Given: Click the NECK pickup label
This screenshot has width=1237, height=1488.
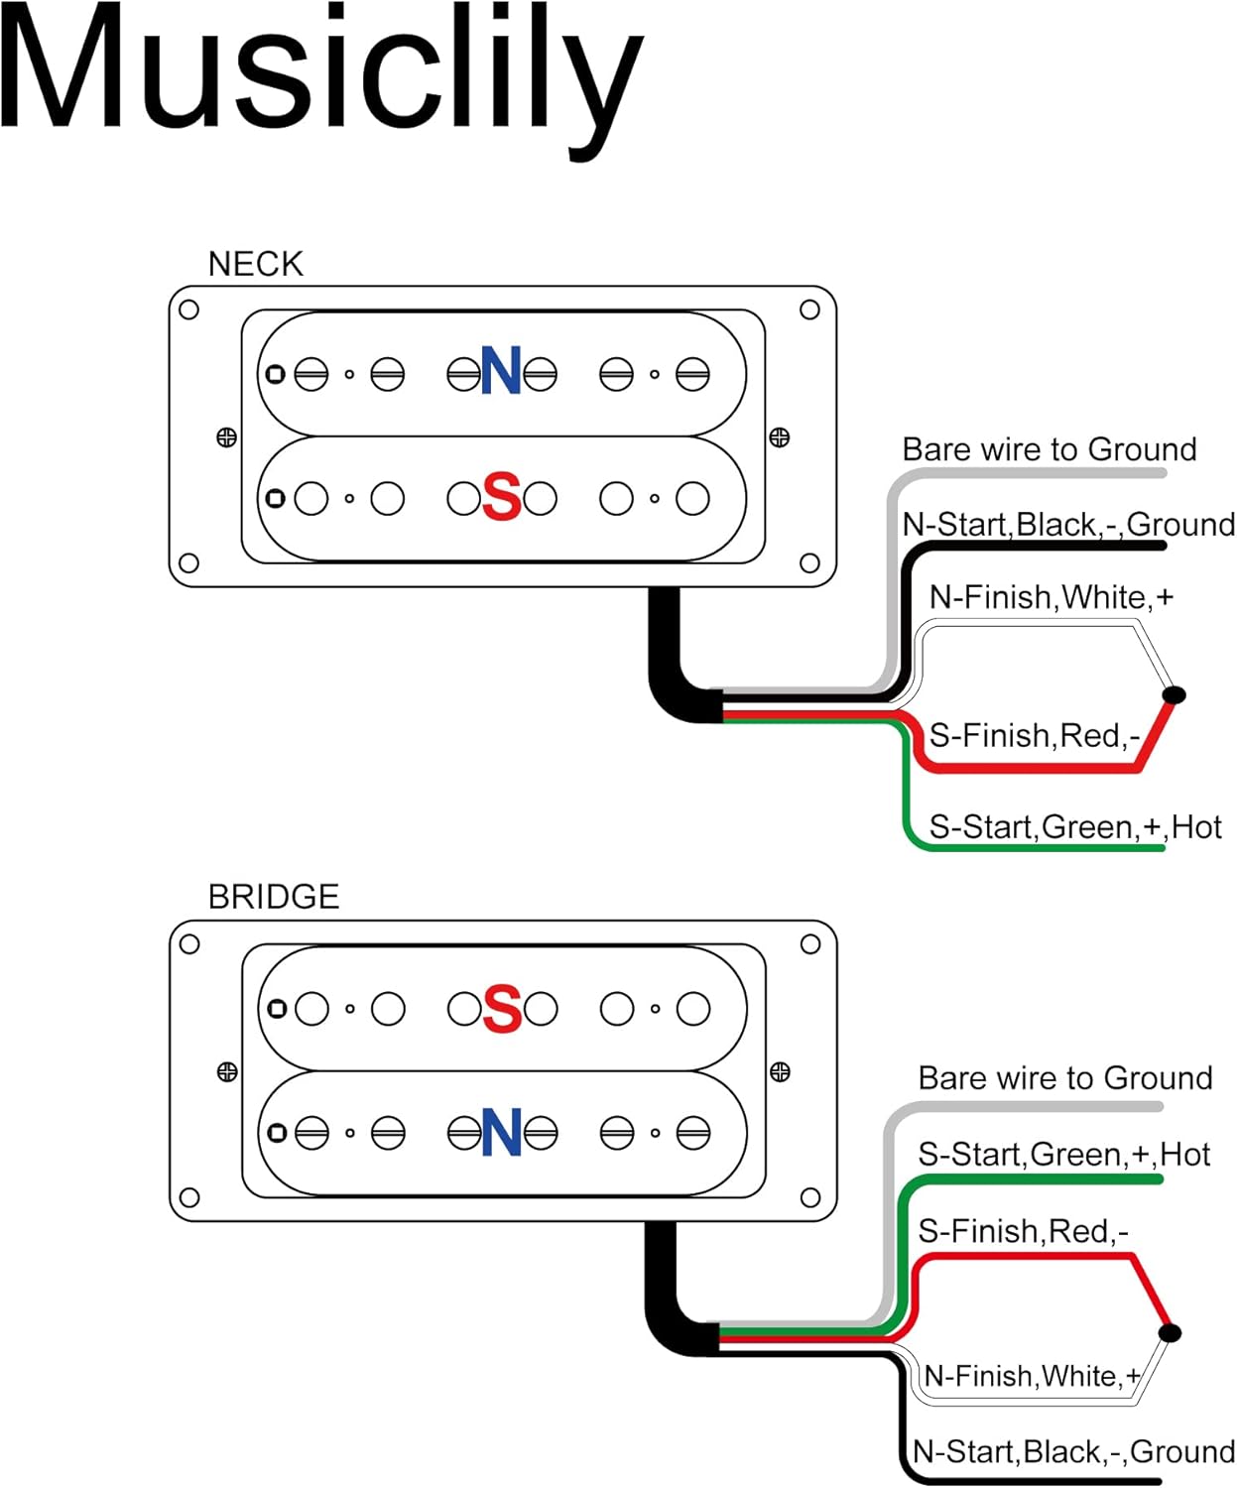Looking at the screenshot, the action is [x=256, y=265].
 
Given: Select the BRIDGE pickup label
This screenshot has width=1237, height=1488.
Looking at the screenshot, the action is [x=274, y=897].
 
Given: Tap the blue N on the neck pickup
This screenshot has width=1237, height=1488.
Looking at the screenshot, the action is [x=502, y=370].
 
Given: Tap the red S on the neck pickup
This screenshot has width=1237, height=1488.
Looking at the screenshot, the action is [x=502, y=496].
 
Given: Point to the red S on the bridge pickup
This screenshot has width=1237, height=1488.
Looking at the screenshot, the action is [x=502, y=1008].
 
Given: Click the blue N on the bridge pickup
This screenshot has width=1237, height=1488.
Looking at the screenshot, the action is [x=502, y=1132].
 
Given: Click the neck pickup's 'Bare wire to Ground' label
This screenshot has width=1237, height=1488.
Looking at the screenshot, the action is [x=1050, y=449].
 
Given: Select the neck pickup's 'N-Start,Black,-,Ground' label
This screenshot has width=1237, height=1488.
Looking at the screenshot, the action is [x=1068, y=525].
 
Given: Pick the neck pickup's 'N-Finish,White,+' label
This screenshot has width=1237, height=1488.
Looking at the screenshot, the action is [x=1051, y=597].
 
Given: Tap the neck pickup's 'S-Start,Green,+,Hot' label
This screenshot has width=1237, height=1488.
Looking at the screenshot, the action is [x=1076, y=827].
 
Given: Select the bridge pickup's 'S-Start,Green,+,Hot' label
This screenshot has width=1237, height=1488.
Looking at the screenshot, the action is [x=1064, y=1155].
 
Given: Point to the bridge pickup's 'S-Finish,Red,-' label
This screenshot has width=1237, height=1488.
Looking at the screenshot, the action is [x=1024, y=1231].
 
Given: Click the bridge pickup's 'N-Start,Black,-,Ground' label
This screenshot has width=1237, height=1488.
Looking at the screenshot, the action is [x=1074, y=1451].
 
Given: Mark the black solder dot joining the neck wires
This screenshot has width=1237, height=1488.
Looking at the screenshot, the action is [x=1175, y=694].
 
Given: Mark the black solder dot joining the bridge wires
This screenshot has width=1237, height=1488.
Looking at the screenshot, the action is [x=1170, y=1332].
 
